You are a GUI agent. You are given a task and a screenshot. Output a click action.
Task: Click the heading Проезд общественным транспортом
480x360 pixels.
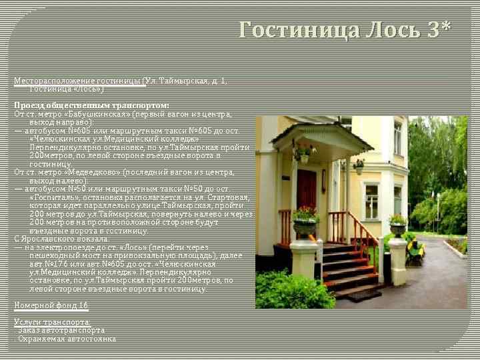pos(92,105)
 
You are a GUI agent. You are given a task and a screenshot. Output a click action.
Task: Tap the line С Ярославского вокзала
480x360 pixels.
pos(61,239)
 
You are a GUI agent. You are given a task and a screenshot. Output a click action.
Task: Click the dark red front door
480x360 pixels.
pos(306,197)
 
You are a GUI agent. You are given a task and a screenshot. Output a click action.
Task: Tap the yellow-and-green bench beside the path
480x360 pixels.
pos(416,251)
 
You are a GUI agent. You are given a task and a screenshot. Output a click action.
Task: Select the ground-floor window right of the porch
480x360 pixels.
pos(371,201)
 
